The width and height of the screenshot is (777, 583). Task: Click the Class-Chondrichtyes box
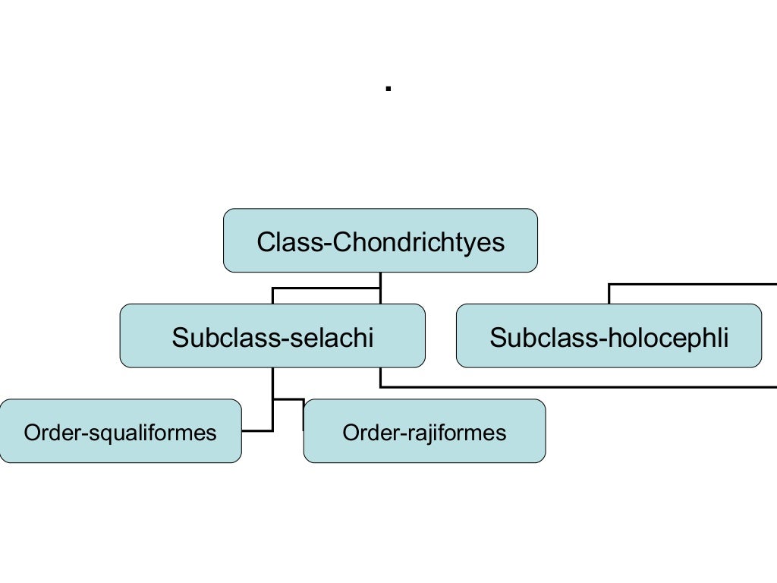point(380,241)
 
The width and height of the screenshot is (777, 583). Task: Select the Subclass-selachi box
point(272,336)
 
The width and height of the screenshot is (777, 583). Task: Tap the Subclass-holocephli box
point(609,336)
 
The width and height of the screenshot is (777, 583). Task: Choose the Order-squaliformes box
point(120,431)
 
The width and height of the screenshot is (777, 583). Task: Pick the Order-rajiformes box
point(424,431)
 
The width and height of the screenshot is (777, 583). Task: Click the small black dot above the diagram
point(388,89)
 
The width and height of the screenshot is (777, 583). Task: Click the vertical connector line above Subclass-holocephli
point(609,295)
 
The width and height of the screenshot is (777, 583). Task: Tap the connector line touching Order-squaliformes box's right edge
point(257,430)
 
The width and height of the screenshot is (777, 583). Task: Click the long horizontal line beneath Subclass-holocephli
point(577,386)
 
